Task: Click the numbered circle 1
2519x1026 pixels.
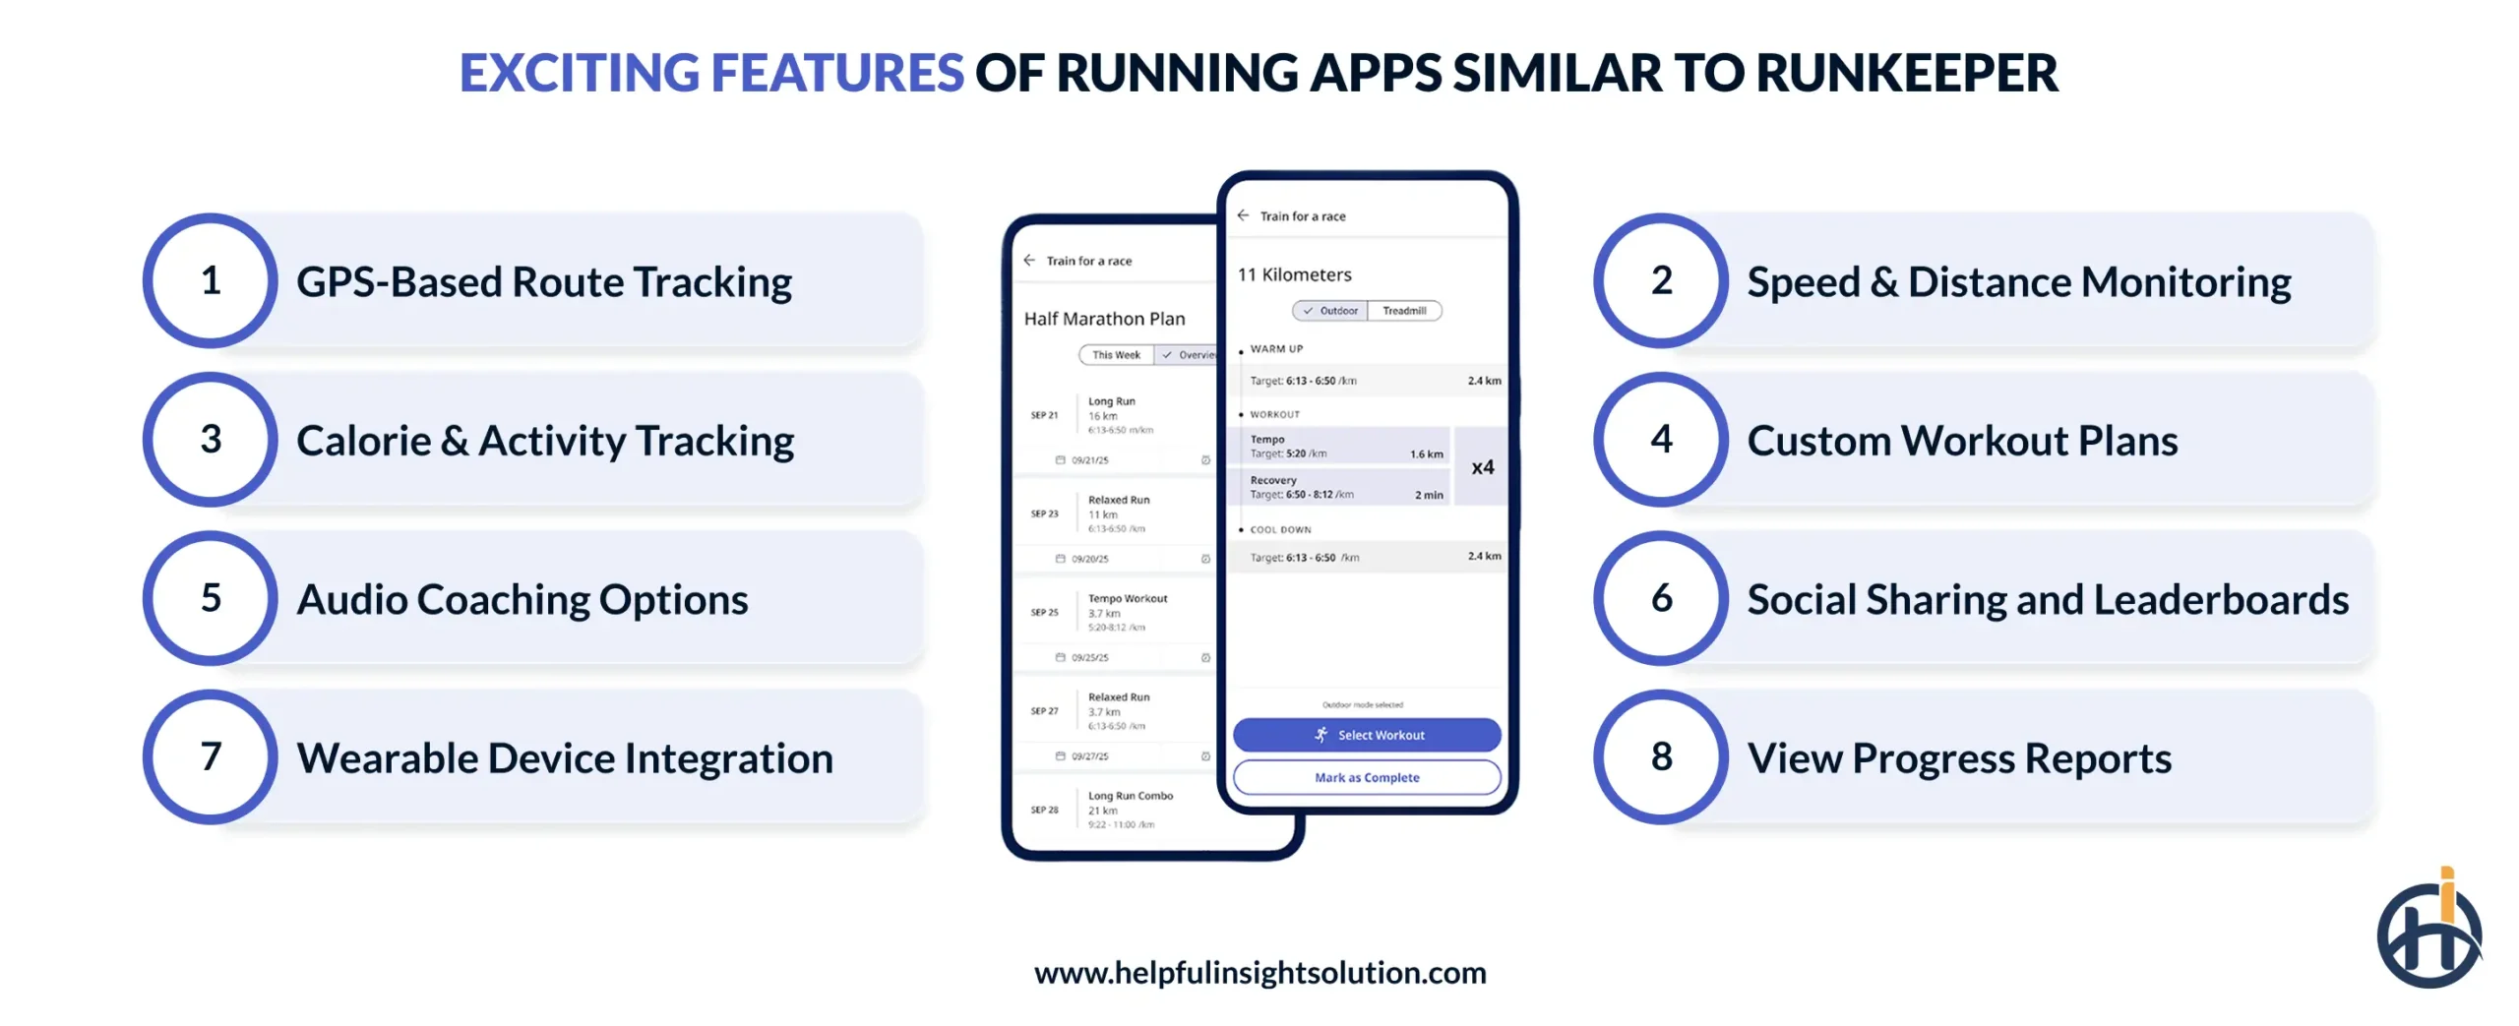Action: point(210,281)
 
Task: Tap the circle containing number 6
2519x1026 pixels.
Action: point(1660,598)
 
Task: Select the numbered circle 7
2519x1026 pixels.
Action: point(210,756)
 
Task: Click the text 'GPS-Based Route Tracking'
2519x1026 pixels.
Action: point(544,282)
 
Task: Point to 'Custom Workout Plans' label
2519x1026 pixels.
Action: point(1961,441)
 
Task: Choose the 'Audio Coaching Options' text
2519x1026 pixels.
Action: point(522,599)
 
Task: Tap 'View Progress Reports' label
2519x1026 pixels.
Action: point(1958,757)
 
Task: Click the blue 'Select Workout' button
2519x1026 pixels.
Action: point(1366,735)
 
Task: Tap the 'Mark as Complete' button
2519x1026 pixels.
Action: point(1366,777)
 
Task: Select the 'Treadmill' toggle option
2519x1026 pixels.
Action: point(1403,311)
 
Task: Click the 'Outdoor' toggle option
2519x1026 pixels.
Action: point(1330,311)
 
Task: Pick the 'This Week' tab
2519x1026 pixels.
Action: point(1116,355)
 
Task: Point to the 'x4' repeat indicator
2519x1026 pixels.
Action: point(1482,467)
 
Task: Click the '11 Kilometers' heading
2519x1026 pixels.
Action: point(1294,274)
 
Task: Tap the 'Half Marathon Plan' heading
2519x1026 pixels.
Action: point(1104,319)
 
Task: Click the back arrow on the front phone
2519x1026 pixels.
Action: point(1243,215)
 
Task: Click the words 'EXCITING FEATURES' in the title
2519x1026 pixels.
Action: point(710,73)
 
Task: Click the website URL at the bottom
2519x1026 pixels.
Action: point(1259,972)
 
